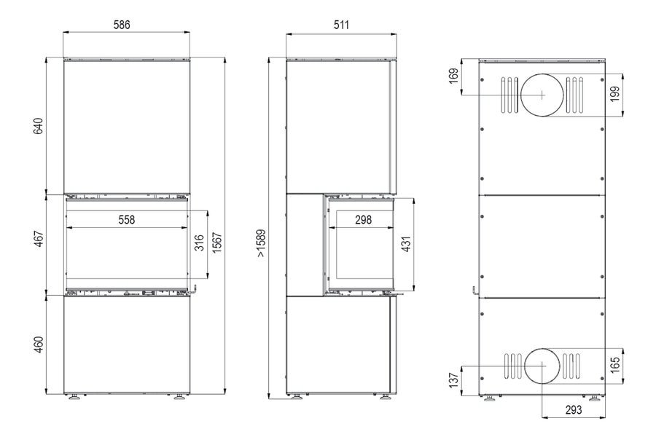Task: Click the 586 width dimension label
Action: (x=122, y=25)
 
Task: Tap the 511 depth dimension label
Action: (x=341, y=25)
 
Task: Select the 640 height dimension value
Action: (x=38, y=126)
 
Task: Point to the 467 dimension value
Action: (x=39, y=239)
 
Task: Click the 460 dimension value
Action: (x=39, y=345)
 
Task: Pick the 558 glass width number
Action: (x=126, y=219)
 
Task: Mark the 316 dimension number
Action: (x=200, y=243)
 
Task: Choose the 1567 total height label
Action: (x=216, y=243)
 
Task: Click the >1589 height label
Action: (x=261, y=243)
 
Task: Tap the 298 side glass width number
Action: (x=363, y=219)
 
